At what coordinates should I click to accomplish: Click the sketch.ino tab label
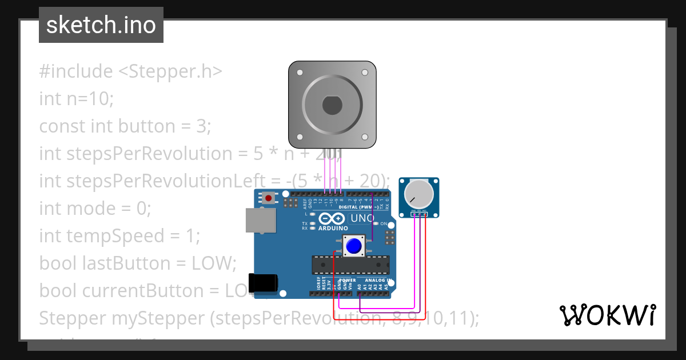(x=101, y=25)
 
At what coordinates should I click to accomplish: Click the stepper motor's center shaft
(x=332, y=106)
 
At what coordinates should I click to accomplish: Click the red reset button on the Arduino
(x=268, y=198)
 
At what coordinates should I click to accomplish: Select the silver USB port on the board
(x=260, y=220)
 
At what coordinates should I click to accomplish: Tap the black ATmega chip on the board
(x=350, y=265)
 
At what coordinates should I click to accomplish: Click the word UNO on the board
(x=362, y=218)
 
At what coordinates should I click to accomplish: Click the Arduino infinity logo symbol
(x=333, y=218)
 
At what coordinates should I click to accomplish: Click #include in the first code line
(x=76, y=71)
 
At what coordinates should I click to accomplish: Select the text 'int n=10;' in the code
(x=77, y=99)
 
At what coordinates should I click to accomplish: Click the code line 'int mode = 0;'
(x=95, y=209)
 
